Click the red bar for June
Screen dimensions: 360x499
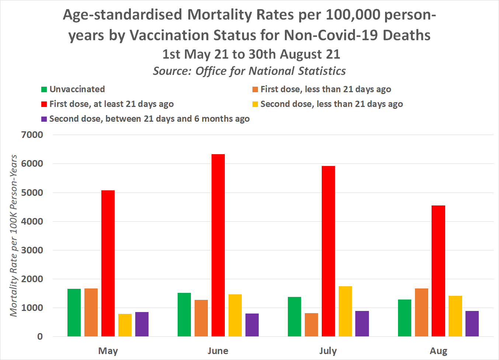coord(218,245)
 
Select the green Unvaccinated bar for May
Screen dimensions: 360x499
coord(74,312)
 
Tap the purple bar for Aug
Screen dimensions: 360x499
coord(472,323)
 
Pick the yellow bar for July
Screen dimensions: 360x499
coord(345,311)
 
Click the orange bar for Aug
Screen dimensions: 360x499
coord(422,312)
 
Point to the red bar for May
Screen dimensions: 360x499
coord(108,263)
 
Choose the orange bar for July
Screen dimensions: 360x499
coord(311,325)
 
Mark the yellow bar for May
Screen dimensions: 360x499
coord(125,325)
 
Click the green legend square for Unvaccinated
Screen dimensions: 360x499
coord(44,89)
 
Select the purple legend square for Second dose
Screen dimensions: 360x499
coord(44,119)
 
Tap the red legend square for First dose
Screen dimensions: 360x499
coord(44,104)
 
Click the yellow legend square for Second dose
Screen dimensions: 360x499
coord(255,104)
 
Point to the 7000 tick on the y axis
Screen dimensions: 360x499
coord(32,135)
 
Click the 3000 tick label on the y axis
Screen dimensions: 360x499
coord(32,250)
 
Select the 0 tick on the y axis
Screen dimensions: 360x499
coord(40,336)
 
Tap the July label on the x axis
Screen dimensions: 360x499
coord(328,351)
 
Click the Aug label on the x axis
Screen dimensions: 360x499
coord(438,351)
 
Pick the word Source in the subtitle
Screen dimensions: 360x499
coord(172,71)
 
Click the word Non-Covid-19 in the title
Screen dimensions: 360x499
coord(331,35)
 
